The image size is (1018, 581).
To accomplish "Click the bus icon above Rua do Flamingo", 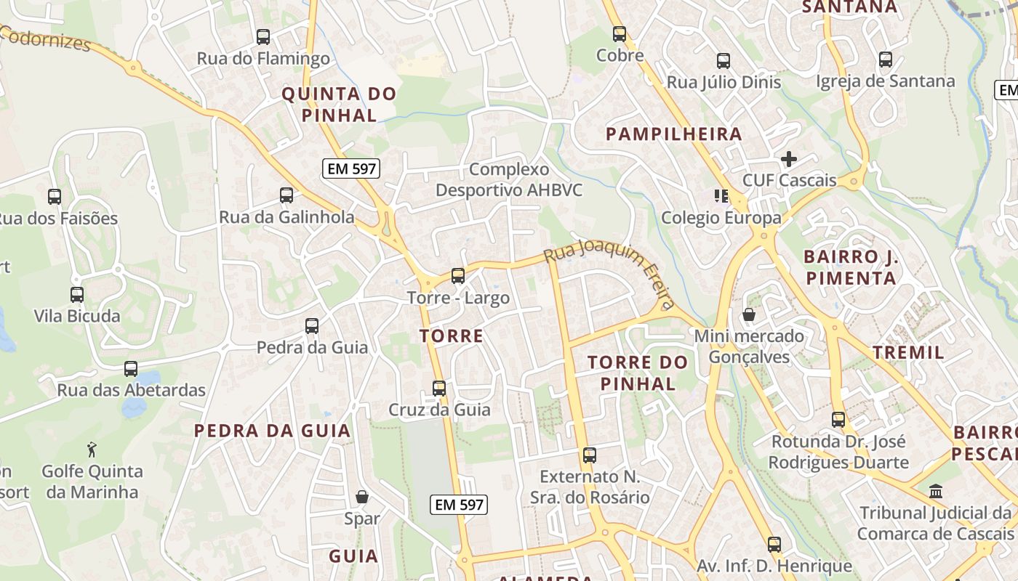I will point(263,36).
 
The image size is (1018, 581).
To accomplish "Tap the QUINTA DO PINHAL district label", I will point(339,104).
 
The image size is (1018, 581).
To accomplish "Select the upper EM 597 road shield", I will point(351,169).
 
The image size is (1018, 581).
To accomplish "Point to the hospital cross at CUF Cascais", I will point(789,158).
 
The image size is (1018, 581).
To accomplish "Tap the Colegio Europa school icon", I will point(721,195).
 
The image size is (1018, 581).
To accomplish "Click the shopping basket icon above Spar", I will point(362,497).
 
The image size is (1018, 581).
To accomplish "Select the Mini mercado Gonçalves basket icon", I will point(748,314).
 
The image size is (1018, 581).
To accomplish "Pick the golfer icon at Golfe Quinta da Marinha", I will point(92,450).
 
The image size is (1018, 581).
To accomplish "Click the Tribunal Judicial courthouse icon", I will point(936,491).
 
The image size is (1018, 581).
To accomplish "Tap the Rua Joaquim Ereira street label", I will point(610,273).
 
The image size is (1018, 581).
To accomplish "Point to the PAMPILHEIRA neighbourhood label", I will point(673,134).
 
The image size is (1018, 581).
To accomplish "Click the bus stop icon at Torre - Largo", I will point(458,276).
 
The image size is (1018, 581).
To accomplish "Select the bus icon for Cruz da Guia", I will point(439,388).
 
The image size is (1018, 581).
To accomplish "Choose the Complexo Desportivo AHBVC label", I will point(509,179).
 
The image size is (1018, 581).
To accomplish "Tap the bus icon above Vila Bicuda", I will point(77,295).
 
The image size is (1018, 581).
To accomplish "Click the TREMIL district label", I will point(908,353).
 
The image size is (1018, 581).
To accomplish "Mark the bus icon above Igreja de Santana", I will point(885,60).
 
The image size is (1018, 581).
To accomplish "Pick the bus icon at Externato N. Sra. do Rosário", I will point(590,455).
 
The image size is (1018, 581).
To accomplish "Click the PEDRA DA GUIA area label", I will point(273,431).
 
